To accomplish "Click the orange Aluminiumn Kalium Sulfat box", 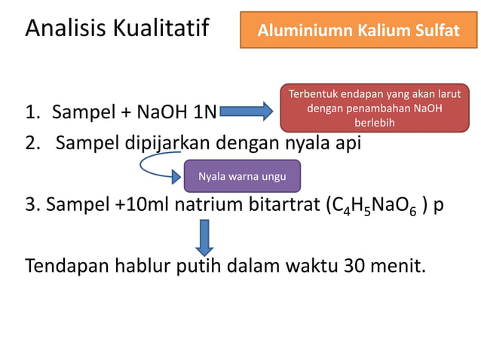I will (x=358, y=31).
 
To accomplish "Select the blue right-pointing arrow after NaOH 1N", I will (x=246, y=113).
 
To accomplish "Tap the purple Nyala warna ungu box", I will (x=242, y=177).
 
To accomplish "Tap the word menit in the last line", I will (x=398, y=266).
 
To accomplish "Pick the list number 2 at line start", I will (x=32, y=142).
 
